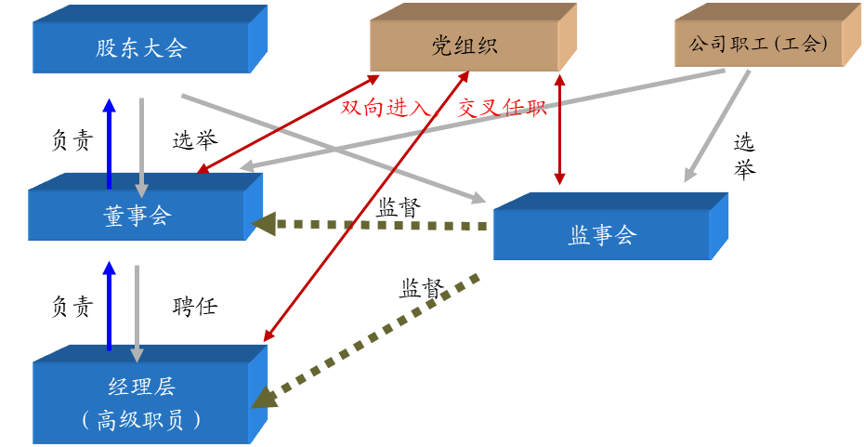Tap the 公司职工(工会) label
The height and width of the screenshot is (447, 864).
point(758,44)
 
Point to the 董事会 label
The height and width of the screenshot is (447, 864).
point(137,216)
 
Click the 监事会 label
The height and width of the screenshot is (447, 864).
point(601,235)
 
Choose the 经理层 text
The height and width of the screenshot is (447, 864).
point(141,387)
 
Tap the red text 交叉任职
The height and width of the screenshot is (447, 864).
point(503,109)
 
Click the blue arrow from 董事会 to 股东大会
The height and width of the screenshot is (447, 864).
point(110,144)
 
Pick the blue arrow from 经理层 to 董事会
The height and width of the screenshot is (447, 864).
point(110,307)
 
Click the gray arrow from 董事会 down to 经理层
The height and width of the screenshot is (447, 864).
point(137,311)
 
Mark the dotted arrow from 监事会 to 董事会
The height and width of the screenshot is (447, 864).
point(372,225)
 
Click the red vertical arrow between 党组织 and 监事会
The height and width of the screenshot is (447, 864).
point(558,130)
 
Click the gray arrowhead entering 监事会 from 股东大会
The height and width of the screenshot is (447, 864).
point(478,198)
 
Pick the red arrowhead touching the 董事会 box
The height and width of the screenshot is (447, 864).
point(203,170)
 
